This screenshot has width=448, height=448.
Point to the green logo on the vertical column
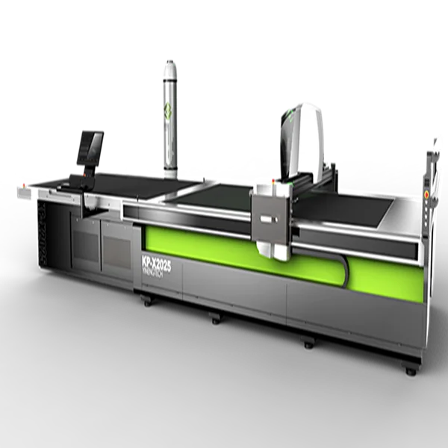[169, 116]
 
